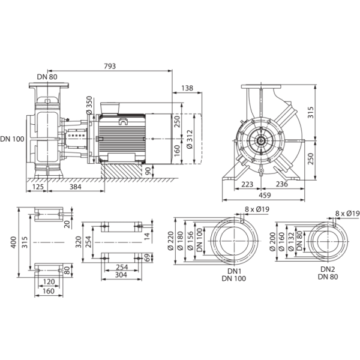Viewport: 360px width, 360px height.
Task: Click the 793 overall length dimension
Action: (110, 66)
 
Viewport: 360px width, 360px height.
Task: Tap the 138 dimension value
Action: (187, 88)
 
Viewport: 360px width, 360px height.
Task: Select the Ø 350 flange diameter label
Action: (89, 105)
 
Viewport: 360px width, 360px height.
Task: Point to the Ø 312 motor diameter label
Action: (190, 139)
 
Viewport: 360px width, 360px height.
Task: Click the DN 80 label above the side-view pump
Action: (47, 77)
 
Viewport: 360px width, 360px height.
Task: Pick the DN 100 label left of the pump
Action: (12, 139)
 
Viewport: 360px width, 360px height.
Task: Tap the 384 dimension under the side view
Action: (76, 187)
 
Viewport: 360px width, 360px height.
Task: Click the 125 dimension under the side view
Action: (38, 187)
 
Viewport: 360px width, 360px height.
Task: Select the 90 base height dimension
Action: (148, 171)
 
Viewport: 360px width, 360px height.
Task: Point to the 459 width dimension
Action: (265, 195)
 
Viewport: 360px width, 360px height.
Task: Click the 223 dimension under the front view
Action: (247, 184)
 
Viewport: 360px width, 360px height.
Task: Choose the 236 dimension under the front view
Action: (281, 184)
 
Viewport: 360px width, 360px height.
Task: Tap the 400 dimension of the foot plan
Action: (14, 242)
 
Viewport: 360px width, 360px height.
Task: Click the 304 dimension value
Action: (121, 275)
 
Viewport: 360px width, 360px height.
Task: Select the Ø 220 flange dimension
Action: (170, 241)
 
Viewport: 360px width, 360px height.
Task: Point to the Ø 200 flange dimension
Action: (272, 242)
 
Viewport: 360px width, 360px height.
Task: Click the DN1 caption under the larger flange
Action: (234, 271)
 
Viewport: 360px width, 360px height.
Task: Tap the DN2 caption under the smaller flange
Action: (328, 269)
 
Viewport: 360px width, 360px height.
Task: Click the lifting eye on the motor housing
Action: (123, 121)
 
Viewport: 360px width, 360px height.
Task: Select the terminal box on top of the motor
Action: (110, 108)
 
